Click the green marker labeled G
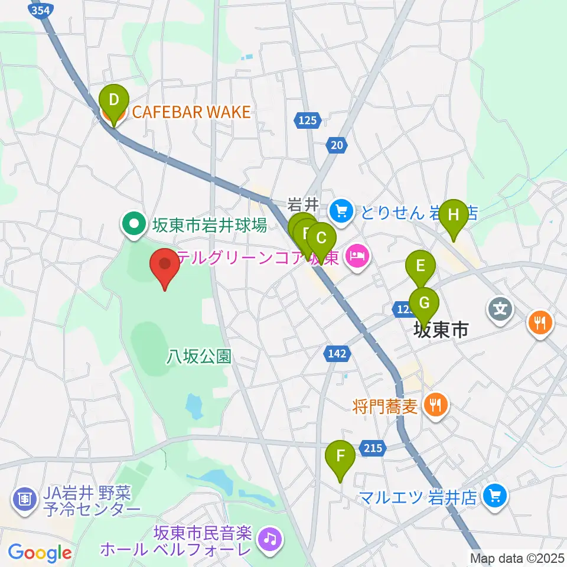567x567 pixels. click(424, 304)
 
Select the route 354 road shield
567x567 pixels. click(40, 10)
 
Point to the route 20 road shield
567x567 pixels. click(337, 145)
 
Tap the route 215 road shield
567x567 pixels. click(373, 448)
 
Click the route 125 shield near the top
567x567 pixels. click(307, 120)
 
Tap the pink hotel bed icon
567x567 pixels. click(359, 256)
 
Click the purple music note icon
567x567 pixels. click(270, 538)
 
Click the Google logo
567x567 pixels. click(40, 553)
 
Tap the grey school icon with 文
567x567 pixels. click(500, 308)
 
